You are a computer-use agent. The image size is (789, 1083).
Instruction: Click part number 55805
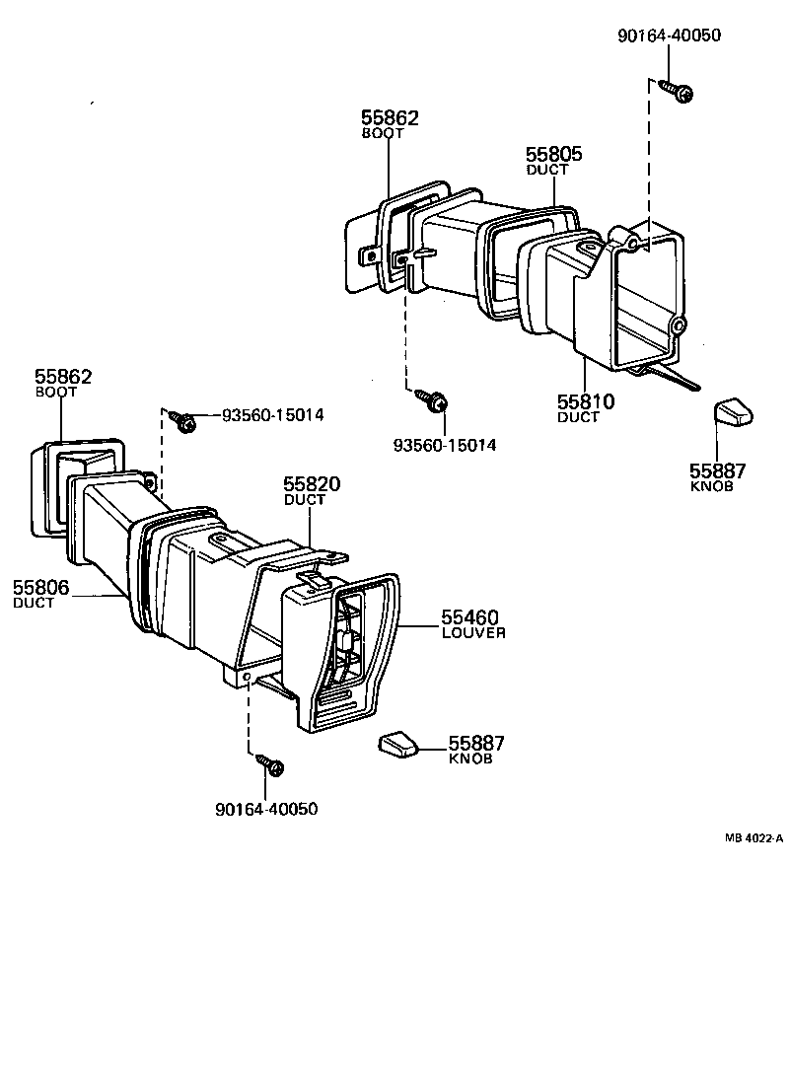point(553,154)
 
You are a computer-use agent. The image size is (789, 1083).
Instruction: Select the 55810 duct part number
point(586,401)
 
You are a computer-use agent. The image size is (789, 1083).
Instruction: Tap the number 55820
point(312,484)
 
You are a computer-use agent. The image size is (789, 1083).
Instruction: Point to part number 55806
point(40,587)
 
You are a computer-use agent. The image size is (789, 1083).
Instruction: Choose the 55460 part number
point(469,617)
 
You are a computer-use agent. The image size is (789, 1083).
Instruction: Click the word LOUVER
point(473,633)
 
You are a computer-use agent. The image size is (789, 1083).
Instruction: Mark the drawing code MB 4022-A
point(753,838)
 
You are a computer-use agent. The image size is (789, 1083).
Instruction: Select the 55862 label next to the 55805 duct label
point(390,118)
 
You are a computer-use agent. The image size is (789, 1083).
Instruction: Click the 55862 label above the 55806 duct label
point(63,377)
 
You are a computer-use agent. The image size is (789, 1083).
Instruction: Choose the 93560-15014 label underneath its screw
point(444,446)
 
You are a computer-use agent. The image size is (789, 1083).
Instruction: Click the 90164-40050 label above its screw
point(669,36)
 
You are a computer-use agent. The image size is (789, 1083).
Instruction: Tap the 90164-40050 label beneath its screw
point(265,809)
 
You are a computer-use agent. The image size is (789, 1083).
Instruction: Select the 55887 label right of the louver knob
point(476,744)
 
